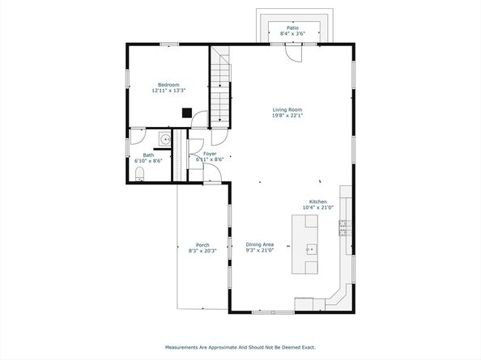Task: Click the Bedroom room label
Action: coord(168,85)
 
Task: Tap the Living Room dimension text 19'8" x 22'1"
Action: coord(287,116)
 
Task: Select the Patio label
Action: coord(292,28)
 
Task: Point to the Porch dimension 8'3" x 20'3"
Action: coord(202,251)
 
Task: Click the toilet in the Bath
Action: coord(139,174)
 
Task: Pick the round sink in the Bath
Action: coord(165,139)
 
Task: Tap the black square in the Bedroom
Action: coord(187,112)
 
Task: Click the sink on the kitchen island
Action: coord(311,249)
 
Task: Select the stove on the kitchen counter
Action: coord(345,228)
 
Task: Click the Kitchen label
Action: coord(317,201)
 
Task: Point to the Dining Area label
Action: coord(260,244)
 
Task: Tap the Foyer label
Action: coord(210,154)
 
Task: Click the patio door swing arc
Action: coord(290,57)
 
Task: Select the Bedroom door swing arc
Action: coord(197,115)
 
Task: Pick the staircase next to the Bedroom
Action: coord(220,87)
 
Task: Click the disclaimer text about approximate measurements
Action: coord(240,347)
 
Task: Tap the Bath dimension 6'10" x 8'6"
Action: coord(148,160)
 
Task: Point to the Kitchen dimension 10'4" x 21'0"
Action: coord(318,207)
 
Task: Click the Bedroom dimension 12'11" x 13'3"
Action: coord(169,91)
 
